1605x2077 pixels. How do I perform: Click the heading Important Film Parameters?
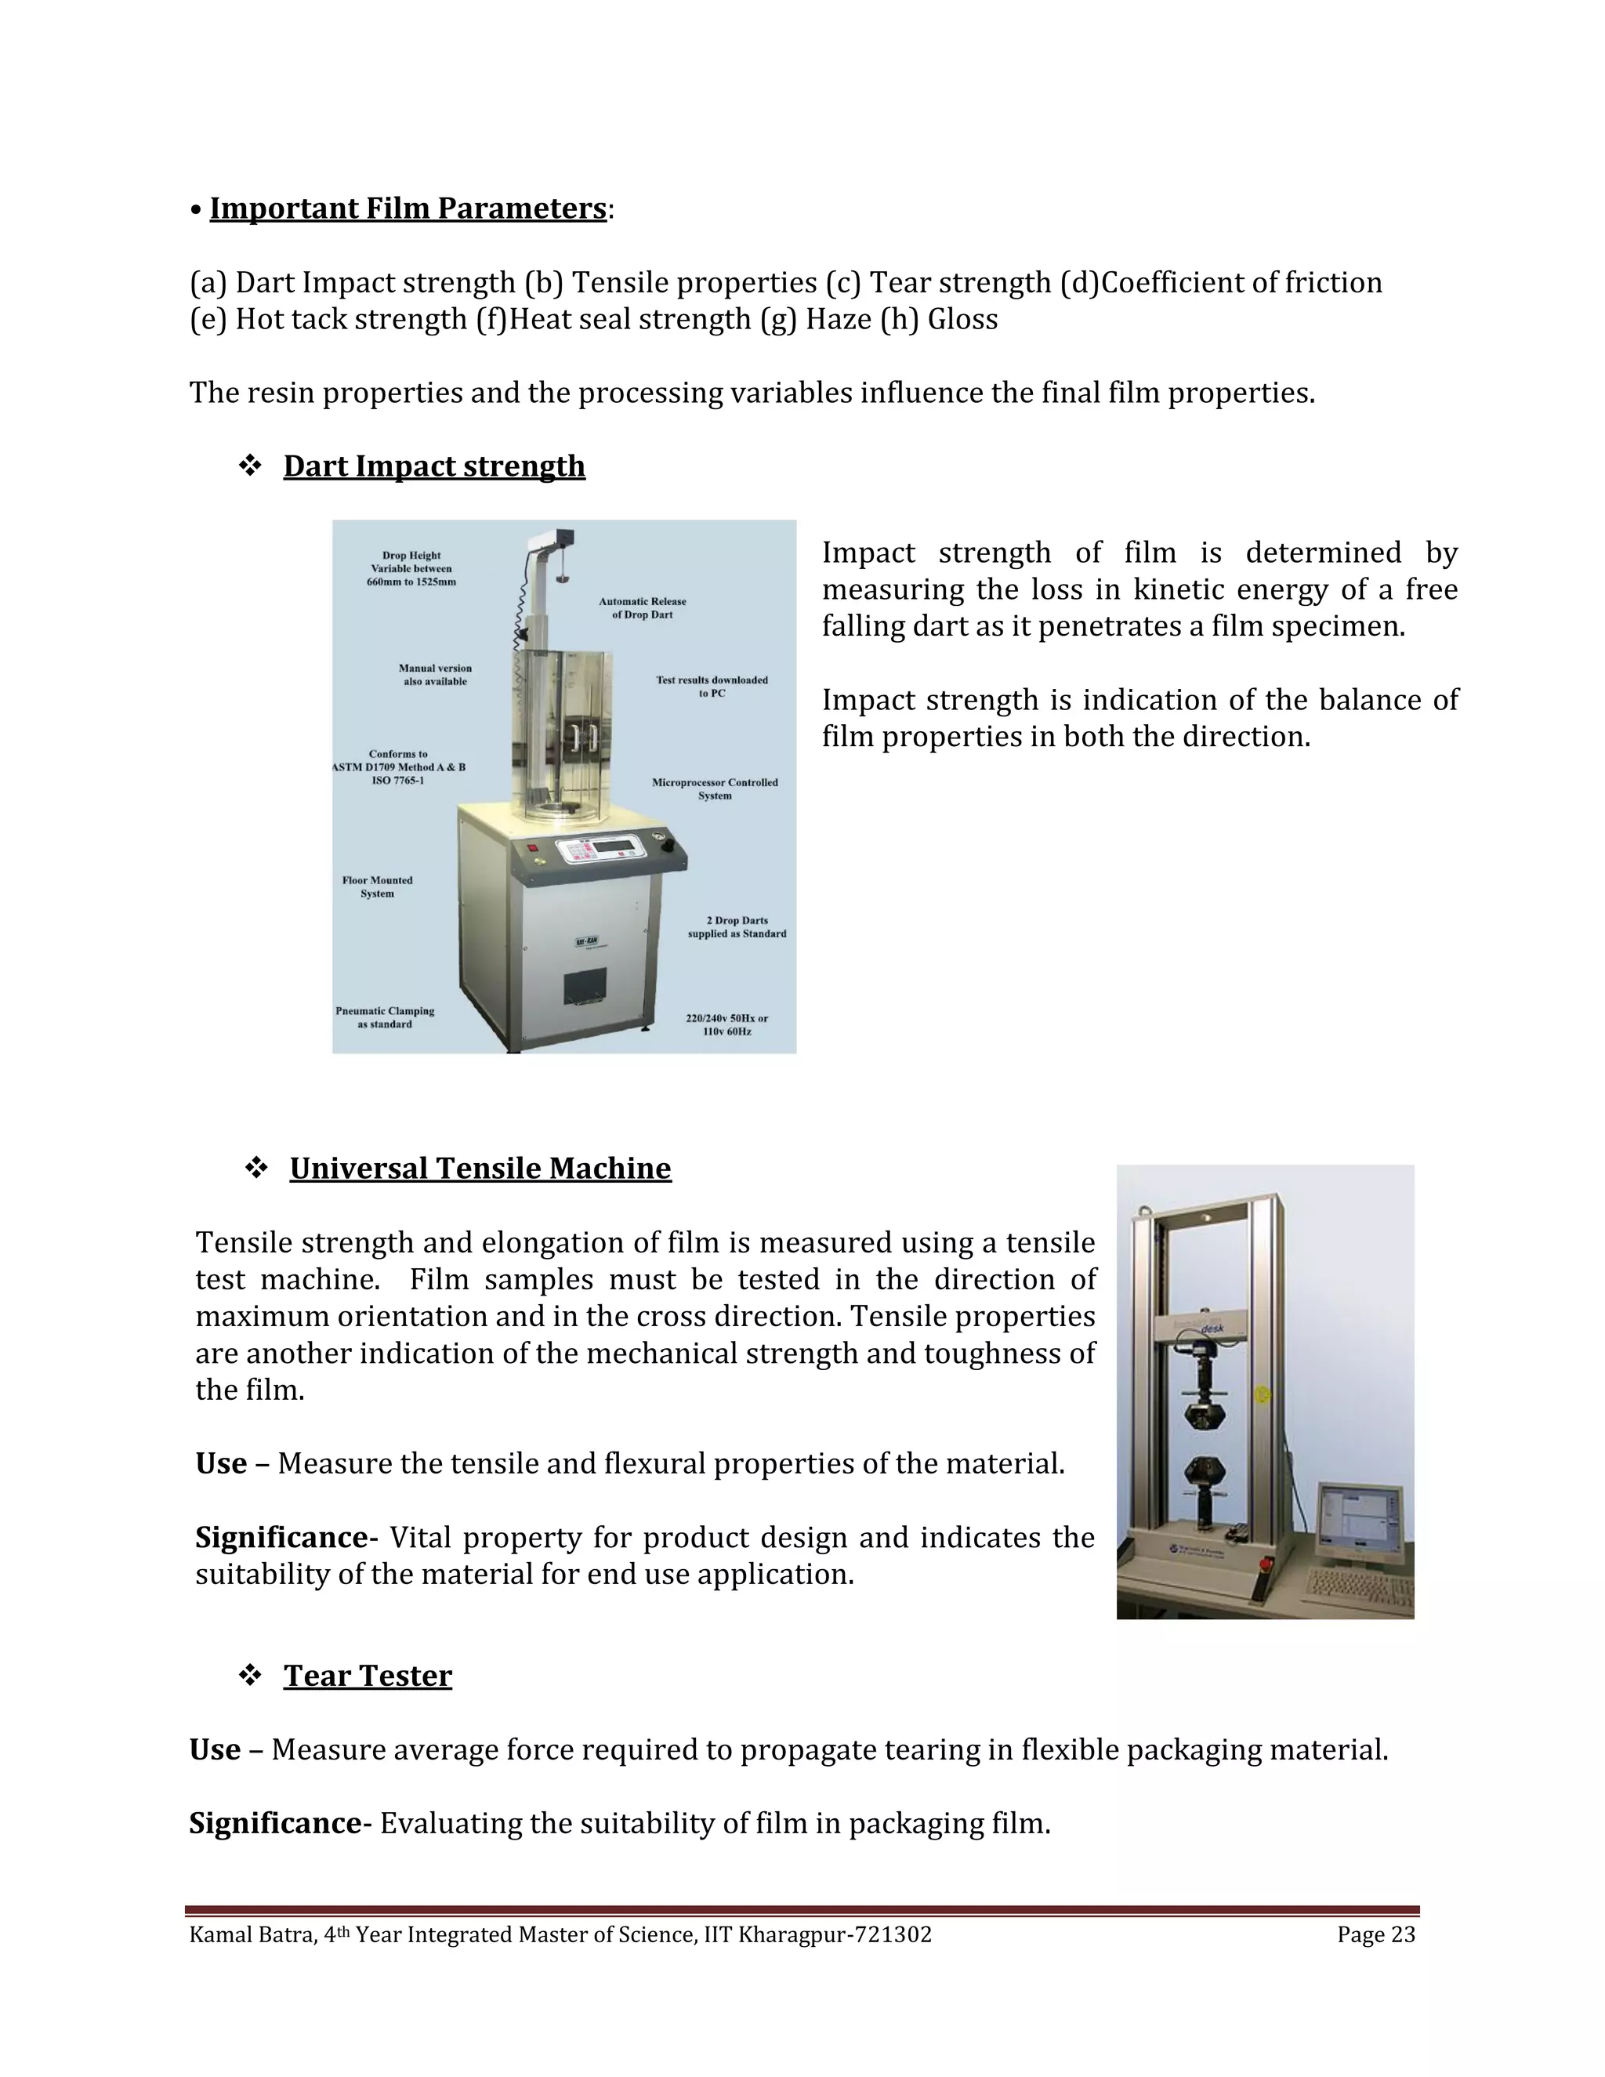(x=408, y=208)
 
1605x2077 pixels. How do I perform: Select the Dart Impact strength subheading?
(x=433, y=466)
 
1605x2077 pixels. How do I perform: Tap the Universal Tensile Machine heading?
(x=480, y=1168)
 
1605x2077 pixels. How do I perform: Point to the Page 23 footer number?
(x=1376, y=1935)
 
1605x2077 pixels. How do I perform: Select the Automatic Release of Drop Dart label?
(x=643, y=607)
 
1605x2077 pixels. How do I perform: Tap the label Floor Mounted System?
(x=378, y=886)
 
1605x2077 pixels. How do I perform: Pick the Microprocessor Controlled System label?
(x=715, y=788)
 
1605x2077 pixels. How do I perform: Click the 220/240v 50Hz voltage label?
(x=727, y=1024)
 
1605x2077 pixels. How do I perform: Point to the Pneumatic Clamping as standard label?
(x=385, y=1017)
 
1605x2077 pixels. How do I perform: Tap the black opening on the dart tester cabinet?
(x=585, y=989)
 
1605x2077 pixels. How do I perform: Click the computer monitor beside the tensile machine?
(x=1359, y=1524)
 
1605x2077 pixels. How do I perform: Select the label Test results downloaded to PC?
(x=712, y=687)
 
